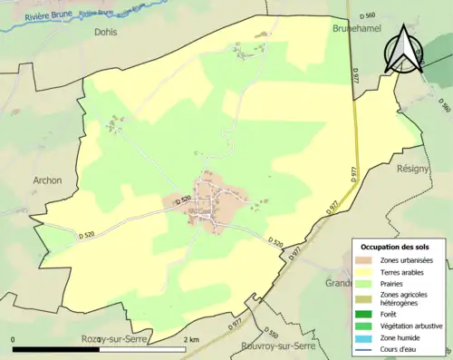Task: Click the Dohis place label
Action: pyautogui.click(x=105, y=31)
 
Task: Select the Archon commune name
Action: pyautogui.click(x=47, y=180)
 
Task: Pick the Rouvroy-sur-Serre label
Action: pyautogui.click(x=278, y=346)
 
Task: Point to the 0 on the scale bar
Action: pyautogui.click(x=14, y=339)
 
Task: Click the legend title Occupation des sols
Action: pyautogui.click(x=400, y=247)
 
